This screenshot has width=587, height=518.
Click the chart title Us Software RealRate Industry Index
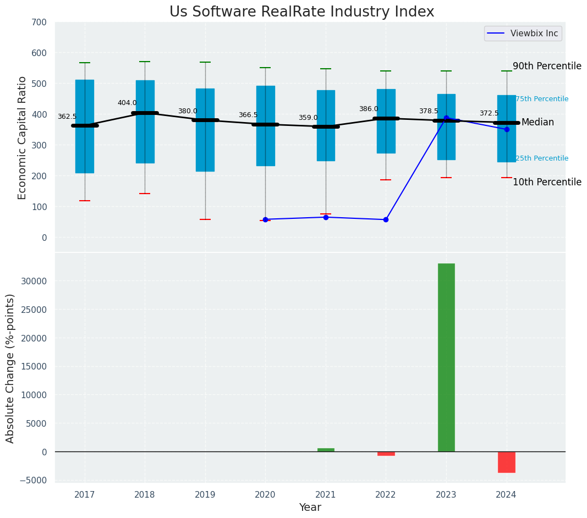[x=301, y=12]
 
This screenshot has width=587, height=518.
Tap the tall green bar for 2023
[x=446, y=357]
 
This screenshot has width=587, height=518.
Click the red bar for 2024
[x=506, y=462]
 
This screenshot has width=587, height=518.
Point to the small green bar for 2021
[x=326, y=450]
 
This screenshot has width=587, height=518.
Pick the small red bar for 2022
[x=386, y=454]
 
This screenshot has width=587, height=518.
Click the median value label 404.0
[x=127, y=103]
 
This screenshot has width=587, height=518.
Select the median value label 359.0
[x=308, y=118]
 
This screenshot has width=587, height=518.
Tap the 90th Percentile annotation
[x=547, y=66]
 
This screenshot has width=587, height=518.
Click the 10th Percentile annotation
[x=547, y=182]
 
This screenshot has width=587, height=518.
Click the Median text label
[x=537, y=122]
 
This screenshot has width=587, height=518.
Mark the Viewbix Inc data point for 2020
[x=265, y=219]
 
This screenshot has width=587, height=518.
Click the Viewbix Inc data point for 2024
[x=506, y=129]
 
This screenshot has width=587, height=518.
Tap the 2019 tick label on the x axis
[x=205, y=495]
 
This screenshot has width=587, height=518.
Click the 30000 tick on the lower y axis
[x=35, y=281]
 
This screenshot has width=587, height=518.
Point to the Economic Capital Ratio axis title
[x=23, y=137]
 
